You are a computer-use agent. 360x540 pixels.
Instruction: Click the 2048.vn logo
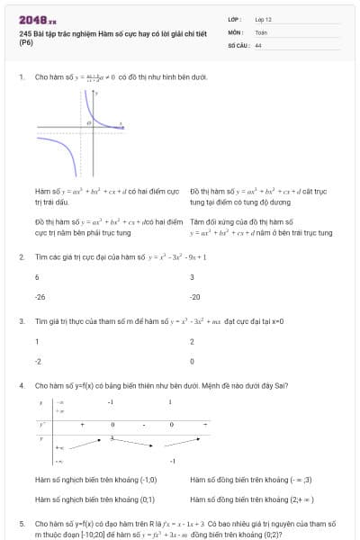click(x=38, y=19)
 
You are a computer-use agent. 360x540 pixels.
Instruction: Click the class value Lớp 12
click(x=263, y=18)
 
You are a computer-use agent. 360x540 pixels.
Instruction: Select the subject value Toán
click(x=261, y=31)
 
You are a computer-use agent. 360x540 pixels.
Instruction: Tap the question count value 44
click(x=258, y=44)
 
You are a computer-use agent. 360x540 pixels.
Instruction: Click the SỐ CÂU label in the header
click(x=238, y=44)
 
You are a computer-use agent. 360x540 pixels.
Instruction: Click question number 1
click(x=21, y=77)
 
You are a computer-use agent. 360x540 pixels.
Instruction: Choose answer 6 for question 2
click(x=37, y=277)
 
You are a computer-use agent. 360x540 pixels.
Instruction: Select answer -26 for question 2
click(x=40, y=296)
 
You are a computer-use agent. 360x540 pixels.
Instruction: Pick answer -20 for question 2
click(x=194, y=296)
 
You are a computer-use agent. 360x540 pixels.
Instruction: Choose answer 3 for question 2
click(x=192, y=277)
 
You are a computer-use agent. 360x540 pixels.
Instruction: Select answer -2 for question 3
click(x=38, y=361)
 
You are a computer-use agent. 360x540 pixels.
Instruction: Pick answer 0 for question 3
click(x=192, y=361)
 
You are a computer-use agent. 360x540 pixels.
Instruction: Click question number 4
click(x=21, y=385)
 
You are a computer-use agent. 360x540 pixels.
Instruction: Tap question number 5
click(x=21, y=523)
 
